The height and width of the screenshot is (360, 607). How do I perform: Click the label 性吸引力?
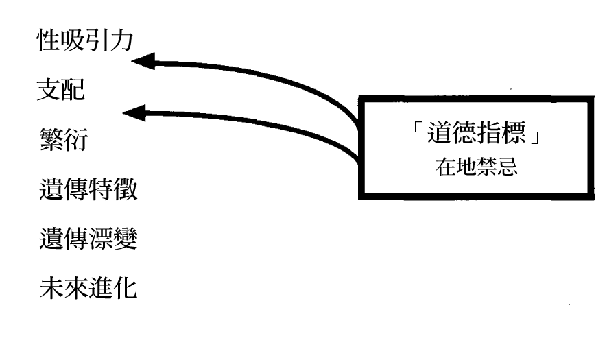click(x=84, y=42)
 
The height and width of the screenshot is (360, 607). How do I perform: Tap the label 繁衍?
click(x=64, y=140)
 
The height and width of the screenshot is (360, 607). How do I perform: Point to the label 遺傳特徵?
click(x=88, y=189)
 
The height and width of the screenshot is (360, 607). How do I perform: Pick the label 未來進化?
click(x=88, y=287)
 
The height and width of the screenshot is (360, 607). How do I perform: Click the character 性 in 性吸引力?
click(x=47, y=42)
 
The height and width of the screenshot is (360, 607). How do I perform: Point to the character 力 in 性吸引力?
click(x=121, y=42)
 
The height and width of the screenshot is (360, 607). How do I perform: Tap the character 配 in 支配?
click(x=73, y=91)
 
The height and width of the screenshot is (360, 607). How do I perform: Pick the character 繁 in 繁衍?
click(x=51, y=140)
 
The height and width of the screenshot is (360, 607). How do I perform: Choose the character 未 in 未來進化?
click(x=51, y=287)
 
